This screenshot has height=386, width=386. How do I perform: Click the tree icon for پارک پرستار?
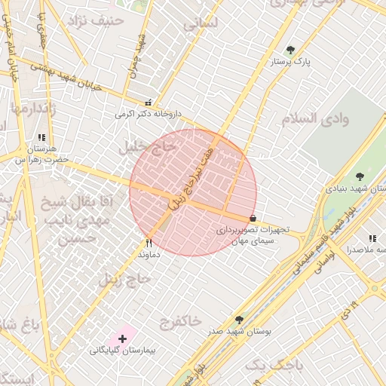pos(290,51)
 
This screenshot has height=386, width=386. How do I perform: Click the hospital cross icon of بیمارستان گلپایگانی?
pos(122,339)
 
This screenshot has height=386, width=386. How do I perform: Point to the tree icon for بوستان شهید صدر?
pos(240,320)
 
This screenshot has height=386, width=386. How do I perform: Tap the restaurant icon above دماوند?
pos(149,243)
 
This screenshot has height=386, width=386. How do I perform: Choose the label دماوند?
pos(149,255)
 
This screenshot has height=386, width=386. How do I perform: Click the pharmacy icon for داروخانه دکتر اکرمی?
pos(149,103)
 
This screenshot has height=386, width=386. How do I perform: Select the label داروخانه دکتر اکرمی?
pos(149,115)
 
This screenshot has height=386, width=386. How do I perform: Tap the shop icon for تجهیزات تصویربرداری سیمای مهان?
pos(252,219)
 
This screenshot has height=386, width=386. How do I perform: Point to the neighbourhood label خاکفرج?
pos(180,322)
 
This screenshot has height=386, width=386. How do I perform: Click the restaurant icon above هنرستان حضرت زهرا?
pos(41,138)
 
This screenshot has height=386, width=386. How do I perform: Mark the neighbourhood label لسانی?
pos(200,23)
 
